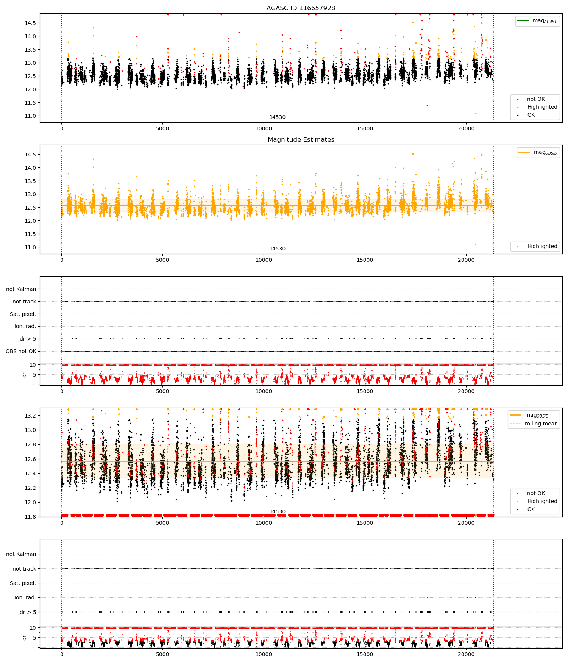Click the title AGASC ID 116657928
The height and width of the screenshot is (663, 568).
(301, 8)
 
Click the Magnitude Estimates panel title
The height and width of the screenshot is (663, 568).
(301, 139)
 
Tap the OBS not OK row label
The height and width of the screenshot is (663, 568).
(21, 351)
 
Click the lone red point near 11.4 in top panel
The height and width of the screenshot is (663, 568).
(427, 105)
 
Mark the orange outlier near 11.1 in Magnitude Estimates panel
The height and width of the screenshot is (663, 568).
(476, 245)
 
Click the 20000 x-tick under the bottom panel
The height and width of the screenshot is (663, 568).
(466, 655)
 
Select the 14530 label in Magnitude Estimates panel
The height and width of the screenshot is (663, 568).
(277, 249)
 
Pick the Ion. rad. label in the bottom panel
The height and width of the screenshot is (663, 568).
(25, 597)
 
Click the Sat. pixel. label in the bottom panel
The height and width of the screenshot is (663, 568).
(23, 583)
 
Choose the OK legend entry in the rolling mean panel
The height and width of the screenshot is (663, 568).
(531, 509)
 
